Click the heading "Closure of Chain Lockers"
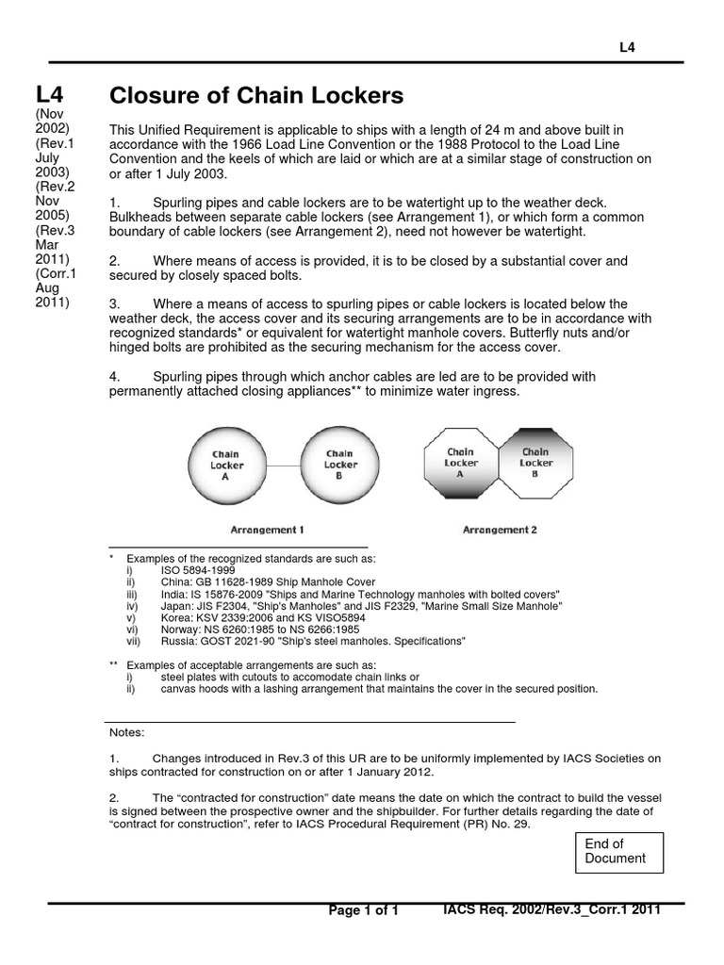tap(256, 95)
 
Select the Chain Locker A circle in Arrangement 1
tap(226, 465)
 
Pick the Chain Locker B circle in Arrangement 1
tap(340, 465)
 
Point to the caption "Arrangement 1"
tap(267, 530)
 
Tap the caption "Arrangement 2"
tap(500, 530)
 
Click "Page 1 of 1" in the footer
tap(364, 910)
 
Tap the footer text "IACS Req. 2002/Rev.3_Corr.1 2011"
tap(551, 909)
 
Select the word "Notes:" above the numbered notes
tap(127, 731)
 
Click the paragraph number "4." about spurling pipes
tap(115, 376)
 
